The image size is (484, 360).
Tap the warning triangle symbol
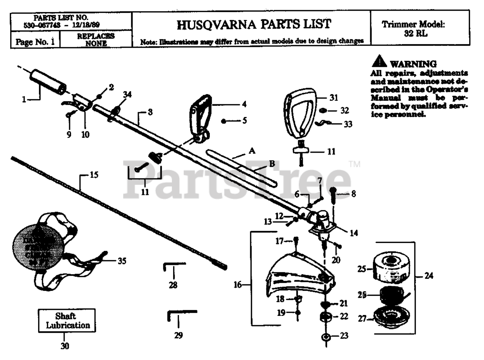(379, 63)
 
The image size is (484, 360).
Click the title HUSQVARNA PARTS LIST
(254, 25)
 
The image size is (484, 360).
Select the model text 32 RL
(413, 33)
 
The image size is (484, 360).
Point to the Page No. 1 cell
(35, 41)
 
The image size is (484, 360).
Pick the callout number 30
(65, 346)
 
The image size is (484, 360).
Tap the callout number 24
(428, 276)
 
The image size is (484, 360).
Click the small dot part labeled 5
(224, 121)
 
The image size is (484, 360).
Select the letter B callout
(271, 164)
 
